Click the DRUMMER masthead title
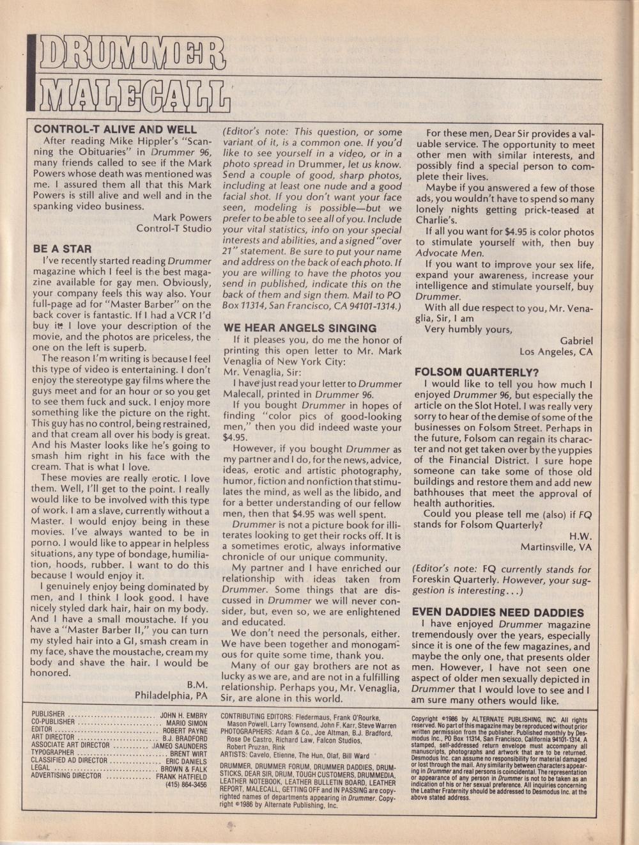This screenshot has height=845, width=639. coord(131,58)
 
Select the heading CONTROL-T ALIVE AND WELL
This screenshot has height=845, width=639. coord(115,129)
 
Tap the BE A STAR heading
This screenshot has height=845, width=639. coord(62,249)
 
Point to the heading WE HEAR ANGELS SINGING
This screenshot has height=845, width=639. coord(300,328)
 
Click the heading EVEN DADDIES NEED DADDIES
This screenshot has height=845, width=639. coord(498,612)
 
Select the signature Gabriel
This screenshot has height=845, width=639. coord(576,341)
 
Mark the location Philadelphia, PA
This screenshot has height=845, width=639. coord(172,695)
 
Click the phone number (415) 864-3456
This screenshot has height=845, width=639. coord(186,784)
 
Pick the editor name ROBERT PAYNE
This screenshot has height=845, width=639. coord(185,730)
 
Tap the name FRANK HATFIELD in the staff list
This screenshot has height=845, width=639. coord(181,776)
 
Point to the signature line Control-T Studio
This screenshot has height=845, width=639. coord(174,228)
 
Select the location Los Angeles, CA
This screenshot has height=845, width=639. coord(556,352)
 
